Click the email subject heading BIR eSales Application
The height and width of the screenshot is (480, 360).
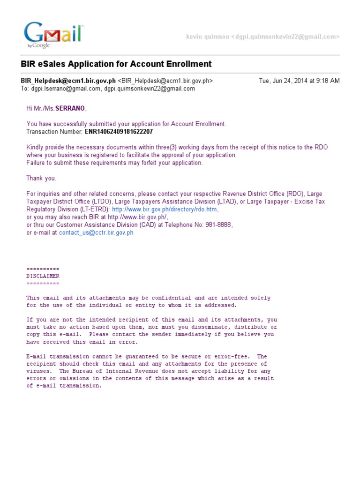116,64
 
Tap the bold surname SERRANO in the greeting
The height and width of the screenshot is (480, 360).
70,109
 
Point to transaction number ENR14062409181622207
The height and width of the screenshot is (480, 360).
119,132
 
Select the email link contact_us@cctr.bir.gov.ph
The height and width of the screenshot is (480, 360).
96,232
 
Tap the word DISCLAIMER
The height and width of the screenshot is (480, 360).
43,276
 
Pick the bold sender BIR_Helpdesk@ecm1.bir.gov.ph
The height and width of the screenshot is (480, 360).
68,81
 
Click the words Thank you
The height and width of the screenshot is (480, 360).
41,178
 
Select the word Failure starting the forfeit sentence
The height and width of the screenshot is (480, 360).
37,163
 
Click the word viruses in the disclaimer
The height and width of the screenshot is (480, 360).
37,371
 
